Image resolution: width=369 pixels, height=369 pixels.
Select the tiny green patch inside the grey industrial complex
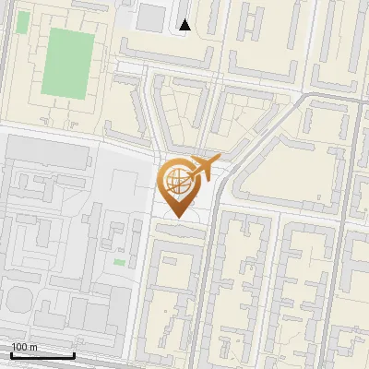119,263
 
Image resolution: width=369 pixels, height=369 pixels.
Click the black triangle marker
185,25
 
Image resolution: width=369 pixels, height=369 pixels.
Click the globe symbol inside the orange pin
178,183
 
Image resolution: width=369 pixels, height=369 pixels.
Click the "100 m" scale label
24,347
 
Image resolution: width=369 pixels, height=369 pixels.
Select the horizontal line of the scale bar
42,355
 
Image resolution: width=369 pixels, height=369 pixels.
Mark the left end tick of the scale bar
11,353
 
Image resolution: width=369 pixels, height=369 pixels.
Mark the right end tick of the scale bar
74,353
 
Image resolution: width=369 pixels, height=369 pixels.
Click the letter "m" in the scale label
33,347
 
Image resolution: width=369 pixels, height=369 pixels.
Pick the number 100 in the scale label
18,347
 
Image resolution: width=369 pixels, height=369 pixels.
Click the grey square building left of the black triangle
149,17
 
